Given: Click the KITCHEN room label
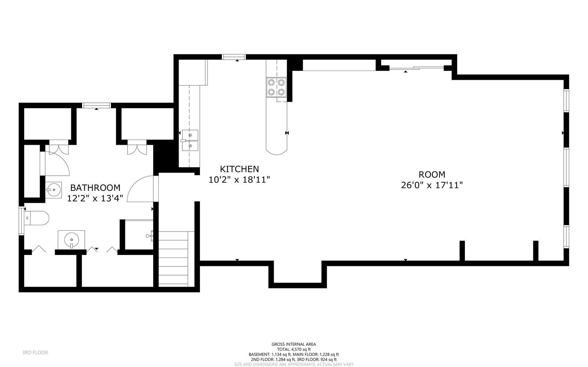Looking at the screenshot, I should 239,169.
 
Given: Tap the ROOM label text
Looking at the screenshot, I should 431,174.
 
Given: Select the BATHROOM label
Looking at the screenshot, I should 95,188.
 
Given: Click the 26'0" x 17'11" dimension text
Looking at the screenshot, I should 431,185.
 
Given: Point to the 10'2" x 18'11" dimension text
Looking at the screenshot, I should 239,180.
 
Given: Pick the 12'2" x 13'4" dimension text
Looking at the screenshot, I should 95,198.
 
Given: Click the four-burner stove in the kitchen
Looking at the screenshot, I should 276,87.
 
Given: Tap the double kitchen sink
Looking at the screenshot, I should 190,141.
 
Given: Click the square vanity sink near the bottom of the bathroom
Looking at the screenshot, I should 71,240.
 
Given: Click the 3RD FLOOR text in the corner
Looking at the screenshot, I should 35,353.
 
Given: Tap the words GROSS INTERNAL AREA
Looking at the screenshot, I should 294,344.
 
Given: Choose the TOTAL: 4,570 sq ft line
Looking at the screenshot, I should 294,349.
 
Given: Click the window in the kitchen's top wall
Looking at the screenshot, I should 234,57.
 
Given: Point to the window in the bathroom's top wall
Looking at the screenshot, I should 97,105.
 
